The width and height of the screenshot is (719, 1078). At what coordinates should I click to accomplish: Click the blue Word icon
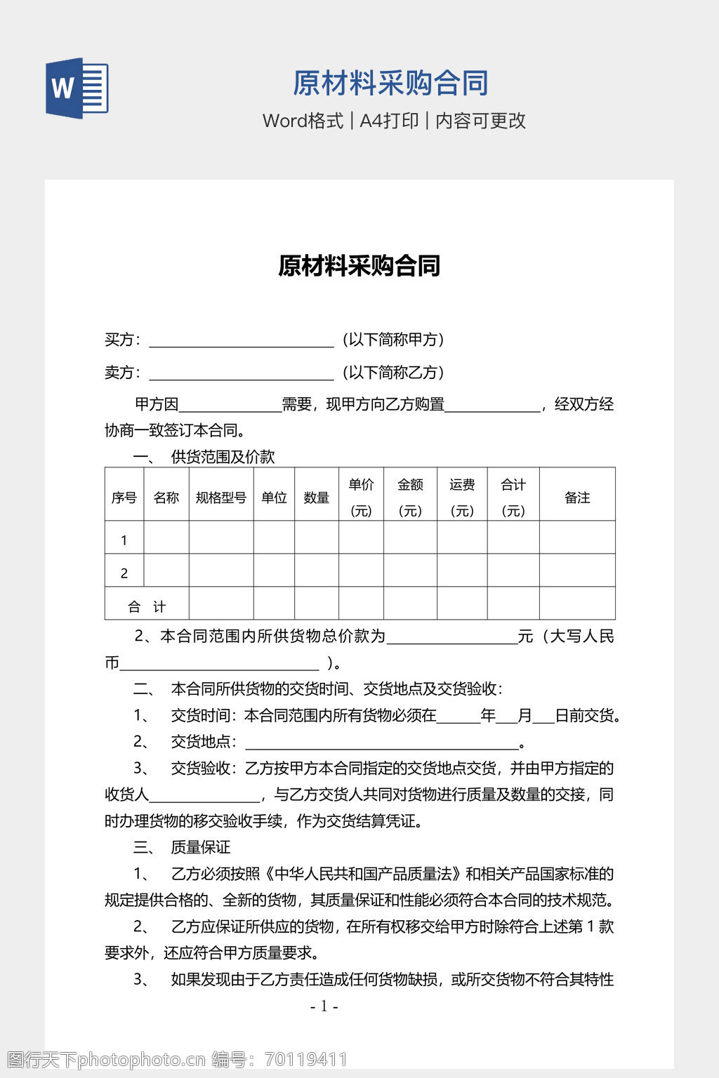coord(77,88)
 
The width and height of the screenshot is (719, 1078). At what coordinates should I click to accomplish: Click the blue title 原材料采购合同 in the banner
coord(390,83)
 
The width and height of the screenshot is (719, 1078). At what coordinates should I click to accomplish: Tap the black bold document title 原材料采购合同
coord(359,266)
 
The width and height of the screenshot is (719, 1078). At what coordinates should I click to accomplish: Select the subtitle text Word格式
coord(303,121)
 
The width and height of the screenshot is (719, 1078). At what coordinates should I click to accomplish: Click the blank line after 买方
coord(241,341)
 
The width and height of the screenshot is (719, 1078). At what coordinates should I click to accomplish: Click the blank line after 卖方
coord(241,374)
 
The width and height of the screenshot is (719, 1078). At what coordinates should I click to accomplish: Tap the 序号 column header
coord(124,498)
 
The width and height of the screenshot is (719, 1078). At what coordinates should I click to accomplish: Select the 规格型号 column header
coord(221,498)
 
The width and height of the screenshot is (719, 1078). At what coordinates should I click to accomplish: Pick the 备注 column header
coord(577,498)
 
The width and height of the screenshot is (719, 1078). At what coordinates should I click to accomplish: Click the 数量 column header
coord(316,498)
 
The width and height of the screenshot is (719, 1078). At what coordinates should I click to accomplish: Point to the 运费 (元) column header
coord(462,497)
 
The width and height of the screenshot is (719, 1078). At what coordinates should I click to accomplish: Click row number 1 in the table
coord(124,540)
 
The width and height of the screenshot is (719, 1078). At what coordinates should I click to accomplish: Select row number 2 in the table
coord(124,573)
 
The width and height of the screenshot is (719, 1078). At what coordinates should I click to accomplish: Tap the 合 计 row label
coord(147,606)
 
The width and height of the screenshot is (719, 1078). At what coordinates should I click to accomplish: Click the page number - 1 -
coord(324,1006)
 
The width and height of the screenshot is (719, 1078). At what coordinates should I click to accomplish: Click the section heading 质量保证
coord(200,847)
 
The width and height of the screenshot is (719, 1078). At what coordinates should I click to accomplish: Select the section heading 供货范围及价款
coord(223,457)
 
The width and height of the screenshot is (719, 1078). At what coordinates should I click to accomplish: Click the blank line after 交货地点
coord(381,743)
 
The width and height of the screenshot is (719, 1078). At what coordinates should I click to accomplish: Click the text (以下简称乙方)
coord(393,373)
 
